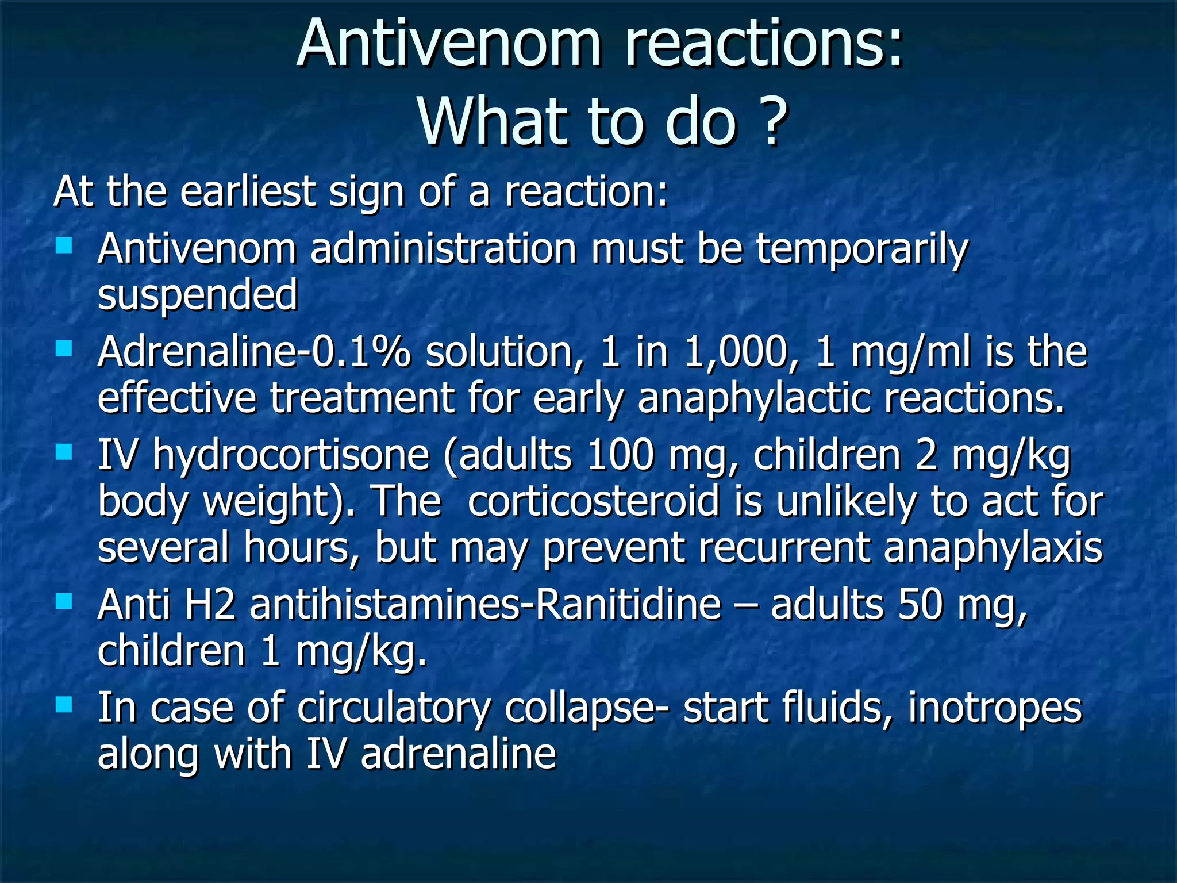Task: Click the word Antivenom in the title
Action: coord(449,45)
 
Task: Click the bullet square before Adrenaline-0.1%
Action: coord(64,348)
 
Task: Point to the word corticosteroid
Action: coord(593,501)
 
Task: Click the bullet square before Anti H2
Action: coord(64,602)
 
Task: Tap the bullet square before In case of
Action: coord(64,704)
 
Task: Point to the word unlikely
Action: coord(845,501)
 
